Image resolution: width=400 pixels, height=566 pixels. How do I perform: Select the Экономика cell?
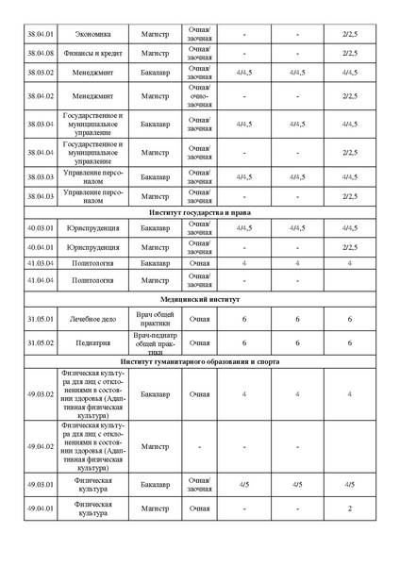tap(93, 34)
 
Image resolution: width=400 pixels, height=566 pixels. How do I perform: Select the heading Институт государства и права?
tap(199, 212)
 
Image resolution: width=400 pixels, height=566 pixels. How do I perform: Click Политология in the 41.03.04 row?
tap(93, 263)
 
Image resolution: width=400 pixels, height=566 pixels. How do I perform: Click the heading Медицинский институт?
tap(199, 298)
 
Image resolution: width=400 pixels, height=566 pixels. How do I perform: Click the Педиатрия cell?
tap(93, 343)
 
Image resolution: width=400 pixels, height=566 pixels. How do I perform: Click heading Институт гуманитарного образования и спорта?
tap(199, 361)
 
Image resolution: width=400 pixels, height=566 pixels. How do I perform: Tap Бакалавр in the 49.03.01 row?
tap(155, 485)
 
